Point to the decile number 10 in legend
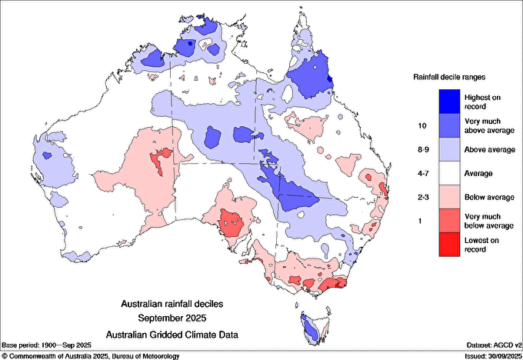coord(421,125)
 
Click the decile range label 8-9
coord(421,149)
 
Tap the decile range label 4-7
coord(421,173)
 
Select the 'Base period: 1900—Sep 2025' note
coord(47,345)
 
